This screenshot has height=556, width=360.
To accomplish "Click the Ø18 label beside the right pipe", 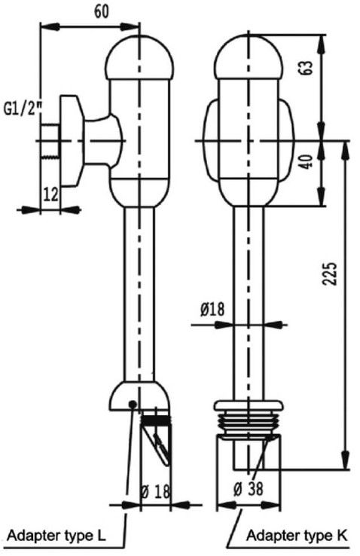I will [x=212, y=309].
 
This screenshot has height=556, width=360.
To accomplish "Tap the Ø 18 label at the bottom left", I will [x=156, y=490].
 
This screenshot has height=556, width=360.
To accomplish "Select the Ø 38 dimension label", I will [x=249, y=488].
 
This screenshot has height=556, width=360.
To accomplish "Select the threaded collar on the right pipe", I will [x=248, y=414].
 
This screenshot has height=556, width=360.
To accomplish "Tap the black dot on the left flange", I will [x=133, y=404].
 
